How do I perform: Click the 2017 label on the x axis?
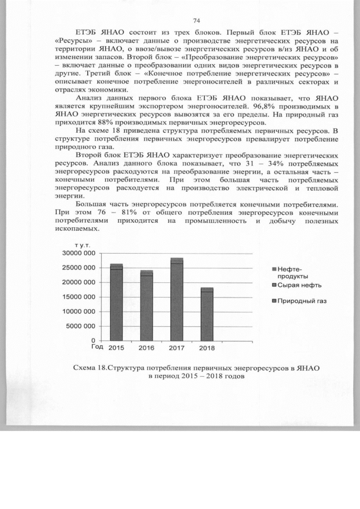click(177, 348)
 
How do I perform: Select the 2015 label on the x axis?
click(116, 348)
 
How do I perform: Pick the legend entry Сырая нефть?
click(299, 286)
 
